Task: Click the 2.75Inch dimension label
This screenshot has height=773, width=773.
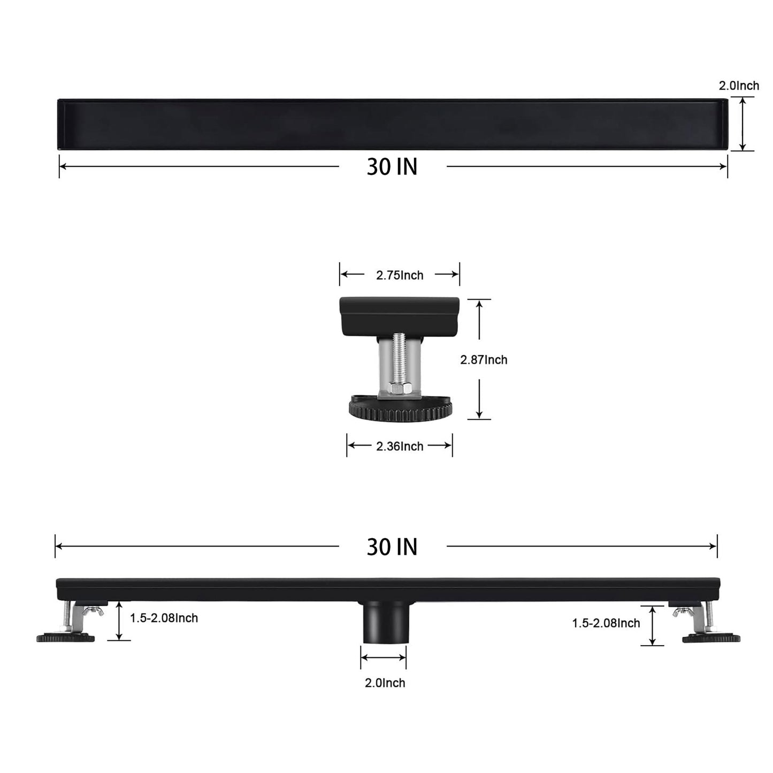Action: click(399, 275)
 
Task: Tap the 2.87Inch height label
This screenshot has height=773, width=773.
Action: click(484, 360)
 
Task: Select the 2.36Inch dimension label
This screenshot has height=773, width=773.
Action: click(399, 446)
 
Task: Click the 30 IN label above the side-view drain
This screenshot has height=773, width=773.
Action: click(392, 547)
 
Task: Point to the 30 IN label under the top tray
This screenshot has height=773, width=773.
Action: click(392, 167)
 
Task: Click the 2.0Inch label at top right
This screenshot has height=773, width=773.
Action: click(738, 86)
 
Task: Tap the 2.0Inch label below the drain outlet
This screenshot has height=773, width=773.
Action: click(385, 683)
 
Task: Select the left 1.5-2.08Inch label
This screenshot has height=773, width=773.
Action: click(164, 618)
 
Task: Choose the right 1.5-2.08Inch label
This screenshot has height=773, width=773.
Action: click(606, 623)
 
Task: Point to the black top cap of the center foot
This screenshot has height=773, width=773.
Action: click(399, 316)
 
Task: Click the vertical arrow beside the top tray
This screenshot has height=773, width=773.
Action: click(743, 124)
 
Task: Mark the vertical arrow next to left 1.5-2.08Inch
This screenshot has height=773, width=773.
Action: click(119, 621)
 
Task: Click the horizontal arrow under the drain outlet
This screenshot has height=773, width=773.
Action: click(383, 657)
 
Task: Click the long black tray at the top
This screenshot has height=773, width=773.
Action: click(392, 124)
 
